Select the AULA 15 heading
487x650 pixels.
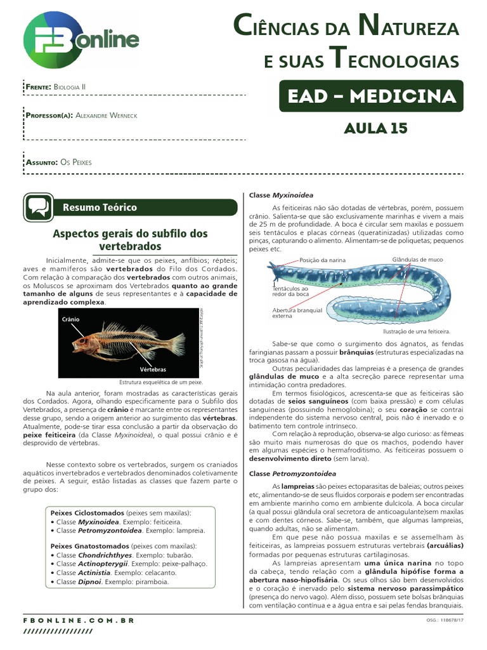(x=375, y=129)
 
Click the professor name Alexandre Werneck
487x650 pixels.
(x=105, y=115)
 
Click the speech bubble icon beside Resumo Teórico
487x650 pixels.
(x=38, y=207)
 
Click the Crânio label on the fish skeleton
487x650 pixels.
(x=70, y=319)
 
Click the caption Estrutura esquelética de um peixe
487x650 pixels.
(x=161, y=382)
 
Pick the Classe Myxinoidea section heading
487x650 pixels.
(x=281, y=196)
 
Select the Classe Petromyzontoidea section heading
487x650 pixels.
(x=292, y=474)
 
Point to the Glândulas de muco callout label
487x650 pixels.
(x=418, y=260)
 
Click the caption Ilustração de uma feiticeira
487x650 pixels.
(x=417, y=331)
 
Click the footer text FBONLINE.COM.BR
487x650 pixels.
(x=79, y=620)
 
